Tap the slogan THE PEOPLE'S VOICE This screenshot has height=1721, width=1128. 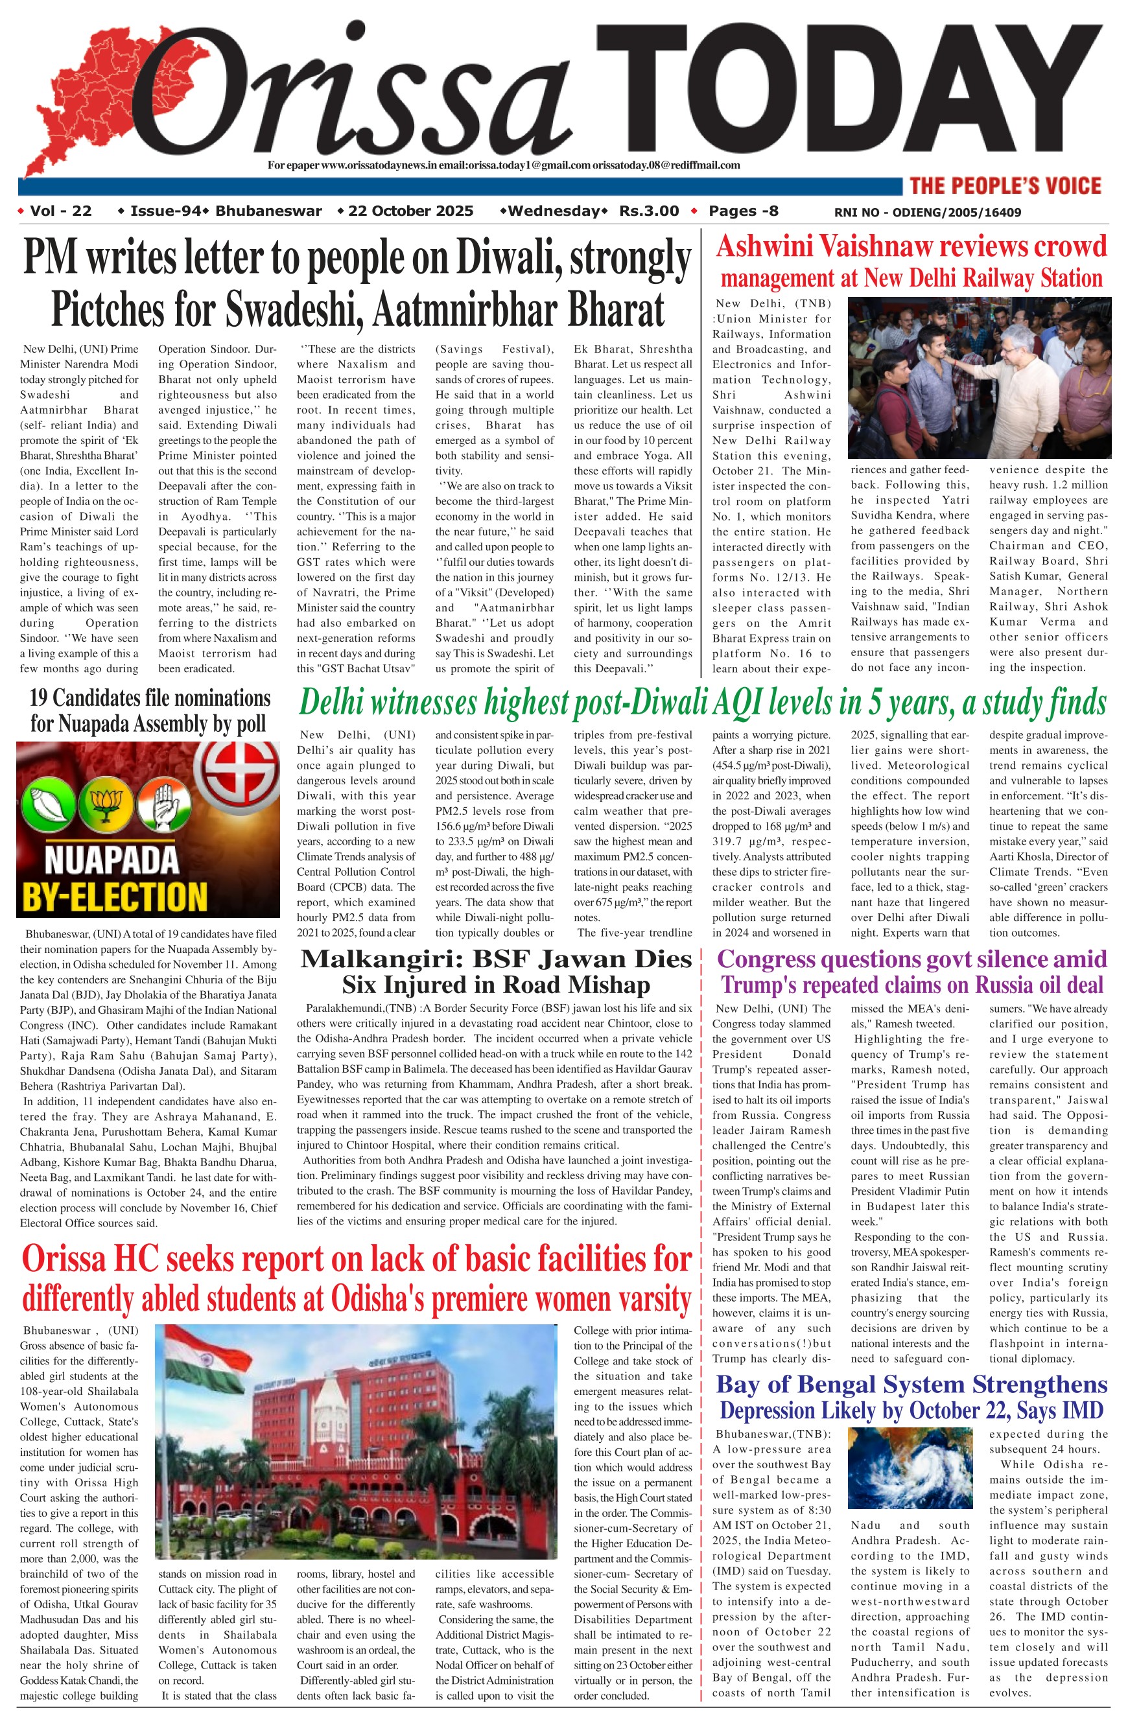pos(1005,186)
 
